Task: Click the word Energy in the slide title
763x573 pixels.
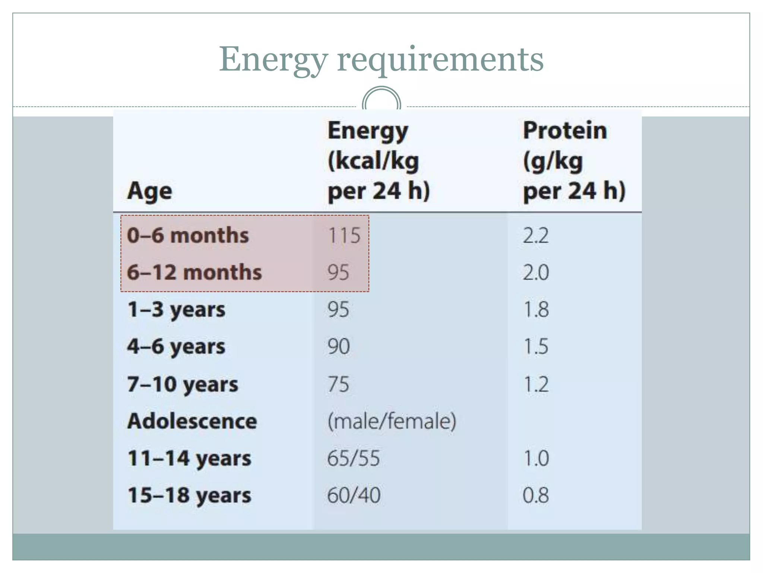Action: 273,60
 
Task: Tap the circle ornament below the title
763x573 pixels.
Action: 381,100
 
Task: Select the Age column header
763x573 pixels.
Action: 150,191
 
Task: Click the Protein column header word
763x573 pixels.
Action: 565,131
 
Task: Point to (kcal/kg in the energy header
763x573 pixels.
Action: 373,161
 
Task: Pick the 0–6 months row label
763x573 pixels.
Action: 188,235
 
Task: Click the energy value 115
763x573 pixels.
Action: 344,235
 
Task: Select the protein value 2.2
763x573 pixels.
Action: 536,235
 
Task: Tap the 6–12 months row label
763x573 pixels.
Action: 194,272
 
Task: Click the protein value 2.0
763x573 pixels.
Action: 536,272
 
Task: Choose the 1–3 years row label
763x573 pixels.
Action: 176,309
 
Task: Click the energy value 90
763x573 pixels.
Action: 338,346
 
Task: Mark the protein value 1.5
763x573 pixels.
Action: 536,346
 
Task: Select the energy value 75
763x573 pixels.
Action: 338,384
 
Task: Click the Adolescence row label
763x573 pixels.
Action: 192,421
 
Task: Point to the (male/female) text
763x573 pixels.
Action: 392,421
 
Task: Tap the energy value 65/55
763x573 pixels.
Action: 353,458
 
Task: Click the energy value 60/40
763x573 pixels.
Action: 354,495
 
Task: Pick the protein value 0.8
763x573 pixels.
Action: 536,495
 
